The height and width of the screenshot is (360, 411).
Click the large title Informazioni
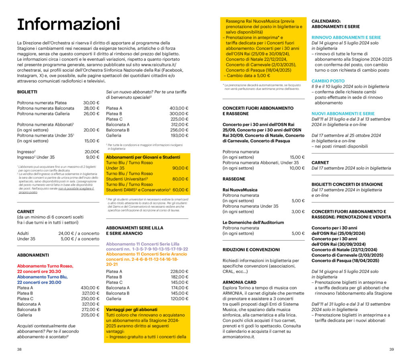[x=68, y=25]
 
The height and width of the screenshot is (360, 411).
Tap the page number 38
[x=19, y=349]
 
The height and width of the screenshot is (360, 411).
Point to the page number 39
[x=391, y=349]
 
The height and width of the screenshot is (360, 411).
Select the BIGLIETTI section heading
[x=27, y=92]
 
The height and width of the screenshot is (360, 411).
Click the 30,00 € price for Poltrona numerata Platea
[x=91, y=103]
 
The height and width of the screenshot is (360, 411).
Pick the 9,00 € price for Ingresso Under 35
[x=93, y=157]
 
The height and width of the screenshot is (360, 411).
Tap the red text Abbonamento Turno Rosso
[x=45, y=266]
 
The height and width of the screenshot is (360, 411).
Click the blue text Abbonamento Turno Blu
[x=42, y=277]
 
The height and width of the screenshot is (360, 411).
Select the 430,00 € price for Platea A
[x=90, y=288]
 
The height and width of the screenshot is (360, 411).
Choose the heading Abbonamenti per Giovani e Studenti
[x=143, y=157]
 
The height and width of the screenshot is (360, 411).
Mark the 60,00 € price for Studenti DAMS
[x=181, y=190]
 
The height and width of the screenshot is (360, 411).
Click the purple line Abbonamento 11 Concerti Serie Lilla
[x=142, y=244]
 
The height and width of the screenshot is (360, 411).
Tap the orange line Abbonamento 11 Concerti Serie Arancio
[x=146, y=254]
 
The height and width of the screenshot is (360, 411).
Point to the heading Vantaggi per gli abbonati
[x=132, y=310]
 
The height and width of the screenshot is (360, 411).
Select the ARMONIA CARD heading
[x=240, y=282]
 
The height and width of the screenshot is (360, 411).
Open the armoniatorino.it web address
[x=239, y=337]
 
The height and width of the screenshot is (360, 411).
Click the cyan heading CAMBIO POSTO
[x=328, y=81]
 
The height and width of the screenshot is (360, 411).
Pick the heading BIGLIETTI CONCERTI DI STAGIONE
[x=347, y=184]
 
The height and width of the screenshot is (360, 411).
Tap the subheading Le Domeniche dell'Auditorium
[x=253, y=223]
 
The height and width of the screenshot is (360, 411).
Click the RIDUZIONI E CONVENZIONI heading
[x=251, y=250]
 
